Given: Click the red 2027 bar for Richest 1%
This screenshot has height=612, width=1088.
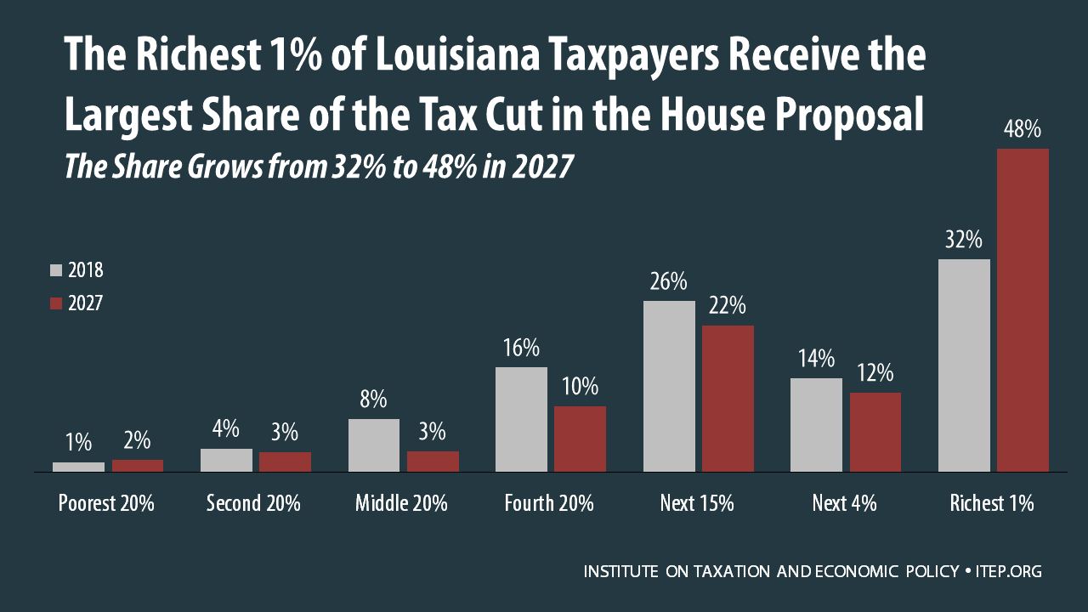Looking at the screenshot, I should (x=1023, y=310).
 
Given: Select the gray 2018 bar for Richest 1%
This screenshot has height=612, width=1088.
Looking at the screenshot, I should (x=964, y=365).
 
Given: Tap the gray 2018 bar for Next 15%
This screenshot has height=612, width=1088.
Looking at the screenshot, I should (x=669, y=386).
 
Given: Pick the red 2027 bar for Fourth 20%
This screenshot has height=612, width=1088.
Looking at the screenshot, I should (x=580, y=439).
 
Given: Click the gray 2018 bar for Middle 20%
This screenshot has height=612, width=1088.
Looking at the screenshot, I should (x=374, y=445).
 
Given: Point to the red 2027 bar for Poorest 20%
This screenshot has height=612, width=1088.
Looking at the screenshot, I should (x=138, y=465).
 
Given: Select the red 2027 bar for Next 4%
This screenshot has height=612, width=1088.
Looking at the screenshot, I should (x=875, y=432).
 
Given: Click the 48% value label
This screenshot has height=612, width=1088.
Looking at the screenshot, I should (x=1023, y=130).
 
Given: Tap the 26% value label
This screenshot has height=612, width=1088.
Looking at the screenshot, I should (x=669, y=282).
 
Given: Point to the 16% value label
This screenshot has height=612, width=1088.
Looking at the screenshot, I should (x=521, y=348).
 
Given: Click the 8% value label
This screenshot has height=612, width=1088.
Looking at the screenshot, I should (x=374, y=399).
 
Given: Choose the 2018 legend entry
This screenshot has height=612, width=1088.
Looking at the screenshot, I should (x=76, y=270).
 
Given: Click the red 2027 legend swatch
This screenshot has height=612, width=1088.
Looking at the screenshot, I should (x=57, y=303).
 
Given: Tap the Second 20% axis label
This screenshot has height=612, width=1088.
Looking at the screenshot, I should (x=253, y=503).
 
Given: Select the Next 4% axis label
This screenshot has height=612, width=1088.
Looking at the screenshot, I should (x=844, y=503).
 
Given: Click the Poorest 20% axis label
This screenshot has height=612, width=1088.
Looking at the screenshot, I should (x=106, y=503).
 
